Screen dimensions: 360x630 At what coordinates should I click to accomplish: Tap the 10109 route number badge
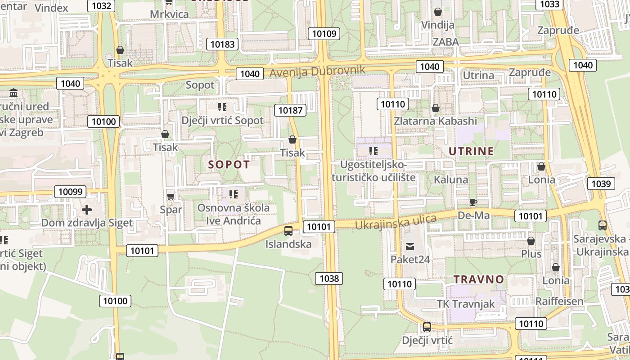(x=324, y=33)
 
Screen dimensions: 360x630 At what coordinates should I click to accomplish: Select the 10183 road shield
(x=222, y=44)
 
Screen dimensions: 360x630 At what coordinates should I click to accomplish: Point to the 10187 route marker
(x=290, y=110)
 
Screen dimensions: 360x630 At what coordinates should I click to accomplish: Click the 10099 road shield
(x=71, y=192)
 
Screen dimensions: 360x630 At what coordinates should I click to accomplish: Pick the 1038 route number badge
(x=329, y=279)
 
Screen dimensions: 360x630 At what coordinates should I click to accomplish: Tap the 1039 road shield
(x=601, y=184)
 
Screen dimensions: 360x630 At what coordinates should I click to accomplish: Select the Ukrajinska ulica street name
(x=396, y=222)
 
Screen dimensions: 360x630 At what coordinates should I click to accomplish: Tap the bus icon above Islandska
(x=288, y=231)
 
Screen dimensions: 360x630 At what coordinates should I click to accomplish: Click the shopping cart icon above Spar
(x=171, y=196)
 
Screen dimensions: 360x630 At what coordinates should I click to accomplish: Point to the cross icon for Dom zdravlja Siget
(x=87, y=210)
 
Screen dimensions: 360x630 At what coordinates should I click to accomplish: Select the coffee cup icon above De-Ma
(x=473, y=202)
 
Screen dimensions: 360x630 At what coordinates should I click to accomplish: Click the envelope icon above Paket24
(x=410, y=246)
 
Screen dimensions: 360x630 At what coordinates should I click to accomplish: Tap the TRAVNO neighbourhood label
(x=479, y=279)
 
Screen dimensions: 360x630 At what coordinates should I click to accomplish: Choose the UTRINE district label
(x=471, y=151)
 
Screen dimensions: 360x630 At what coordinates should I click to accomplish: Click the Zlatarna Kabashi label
(x=435, y=121)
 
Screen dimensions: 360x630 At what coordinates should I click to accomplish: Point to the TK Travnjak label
(x=466, y=304)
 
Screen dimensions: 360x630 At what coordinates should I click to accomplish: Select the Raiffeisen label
(x=559, y=301)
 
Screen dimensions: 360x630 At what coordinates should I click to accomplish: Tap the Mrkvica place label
(x=169, y=14)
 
